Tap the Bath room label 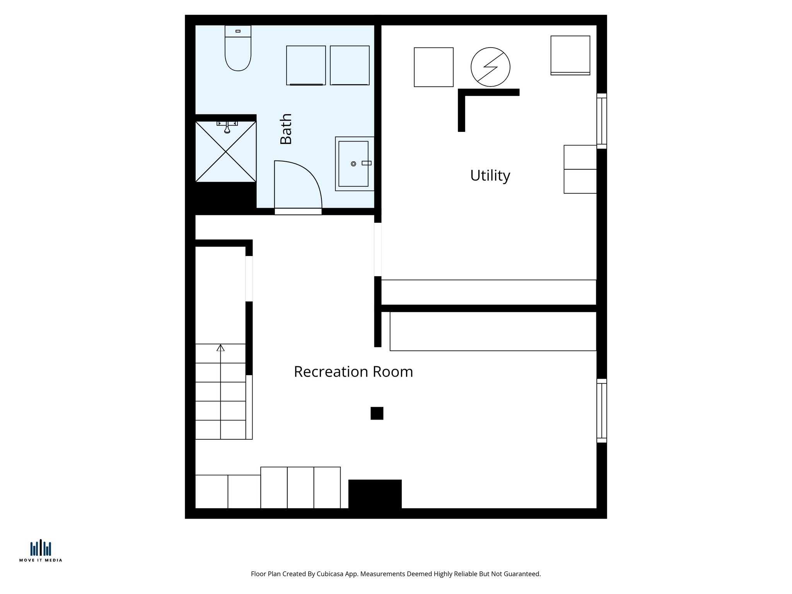click(x=286, y=129)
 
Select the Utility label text click(x=490, y=176)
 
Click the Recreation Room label click(x=353, y=372)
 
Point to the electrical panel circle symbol click(x=490, y=67)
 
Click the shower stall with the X click(x=226, y=152)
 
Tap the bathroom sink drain click(x=353, y=164)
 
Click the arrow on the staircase click(x=220, y=348)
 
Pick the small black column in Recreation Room click(x=377, y=413)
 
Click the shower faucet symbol click(x=227, y=127)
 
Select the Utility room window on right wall click(x=601, y=121)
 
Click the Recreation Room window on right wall click(x=601, y=410)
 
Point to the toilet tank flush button click(x=238, y=31)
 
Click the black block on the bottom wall click(x=375, y=494)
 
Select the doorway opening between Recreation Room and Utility click(x=377, y=249)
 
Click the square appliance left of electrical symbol click(x=434, y=67)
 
